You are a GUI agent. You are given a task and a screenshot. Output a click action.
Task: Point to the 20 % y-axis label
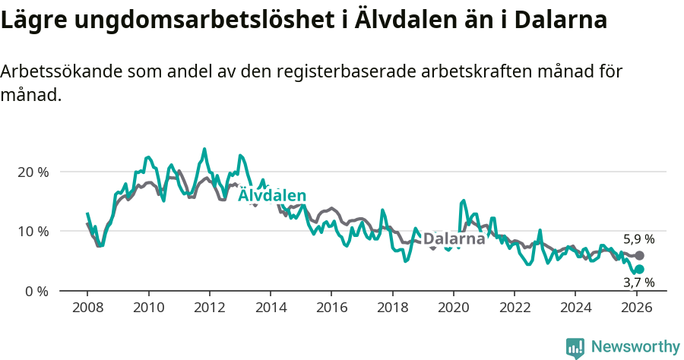pyautogui.click(x=33, y=172)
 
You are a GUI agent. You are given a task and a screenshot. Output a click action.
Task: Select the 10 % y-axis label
pyautogui.click(x=33, y=231)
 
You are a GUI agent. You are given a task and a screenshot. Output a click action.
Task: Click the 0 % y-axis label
pyautogui.click(x=36, y=291)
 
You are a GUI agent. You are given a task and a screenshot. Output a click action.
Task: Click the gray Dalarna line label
pyautogui.click(x=454, y=239)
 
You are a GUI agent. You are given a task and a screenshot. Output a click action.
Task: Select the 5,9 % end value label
pyautogui.click(x=638, y=239)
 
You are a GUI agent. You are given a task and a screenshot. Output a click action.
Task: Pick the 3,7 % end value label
pyautogui.click(x=638, y=283)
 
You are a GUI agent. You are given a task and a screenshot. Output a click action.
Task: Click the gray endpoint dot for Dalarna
pyautogui.click(x=639, y=256)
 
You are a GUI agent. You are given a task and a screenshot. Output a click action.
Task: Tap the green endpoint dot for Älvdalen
pyautogui.click(x=639, y=269)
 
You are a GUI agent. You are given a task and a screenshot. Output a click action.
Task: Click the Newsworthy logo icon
pyautogui.click(x=575, y=348)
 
